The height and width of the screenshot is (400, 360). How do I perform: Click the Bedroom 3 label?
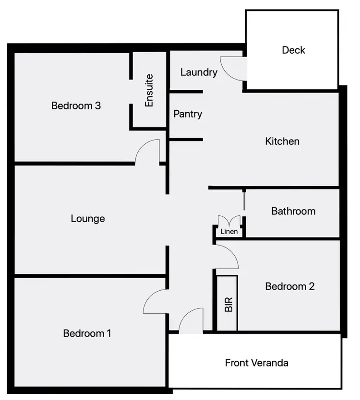tap(76, 106)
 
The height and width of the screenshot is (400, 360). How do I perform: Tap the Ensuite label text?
tap(149, 90)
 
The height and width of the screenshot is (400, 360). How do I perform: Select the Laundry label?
tap(199, 72)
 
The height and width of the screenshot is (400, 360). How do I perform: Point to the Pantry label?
tap(188, 114)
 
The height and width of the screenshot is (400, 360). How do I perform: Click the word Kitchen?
tap(282, 141)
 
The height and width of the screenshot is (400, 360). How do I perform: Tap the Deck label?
tap(293, 50)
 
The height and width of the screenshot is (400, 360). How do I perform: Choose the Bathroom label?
tap(293, 211)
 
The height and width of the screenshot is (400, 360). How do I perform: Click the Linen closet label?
tap(229, 232)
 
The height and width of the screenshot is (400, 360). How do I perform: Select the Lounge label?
tap(88, 219)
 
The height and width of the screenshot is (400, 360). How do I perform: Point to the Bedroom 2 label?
tap(290, 286)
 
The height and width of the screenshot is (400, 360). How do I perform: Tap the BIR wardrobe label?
tap(228, 305)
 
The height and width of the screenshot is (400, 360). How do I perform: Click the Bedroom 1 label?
tap(87, 333)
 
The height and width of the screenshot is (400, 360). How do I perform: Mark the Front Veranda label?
tap(257, 363)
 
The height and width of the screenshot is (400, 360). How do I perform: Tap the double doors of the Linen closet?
tap(229, 222)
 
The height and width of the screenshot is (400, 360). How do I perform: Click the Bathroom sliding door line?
tap(244, 200)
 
